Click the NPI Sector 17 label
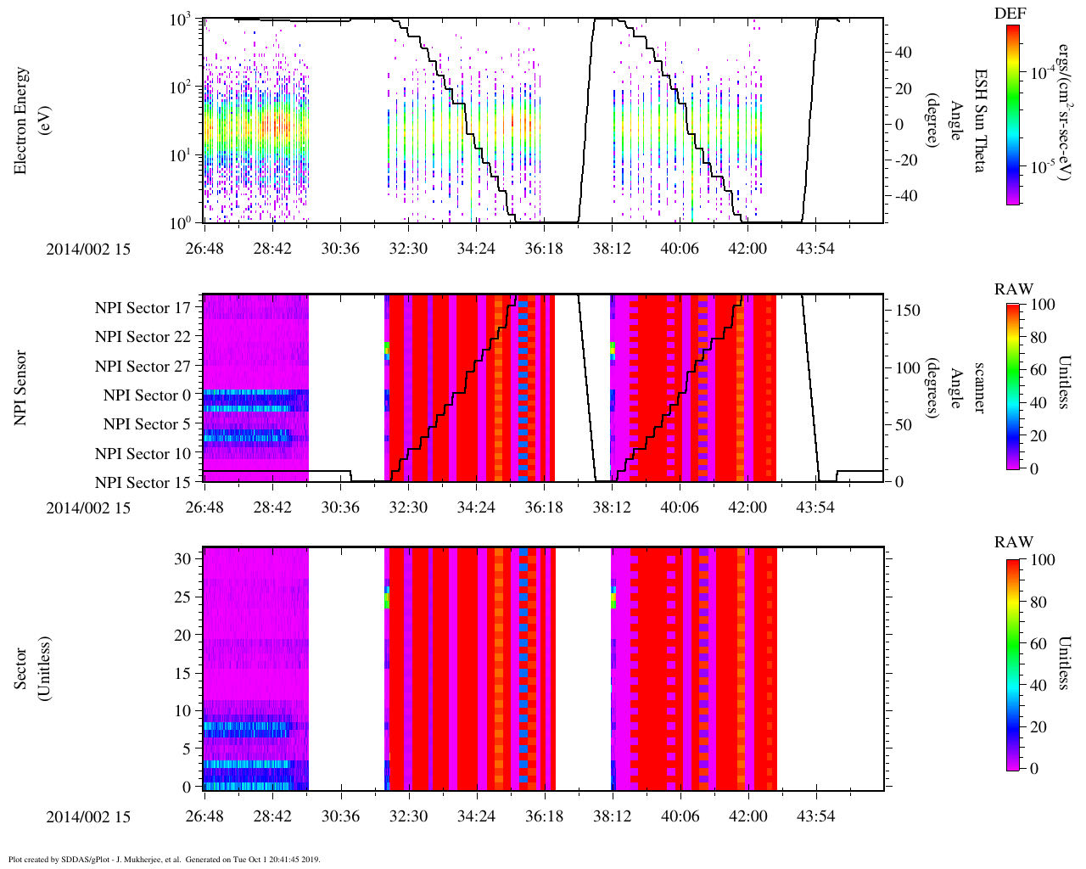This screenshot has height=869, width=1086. (143, 308)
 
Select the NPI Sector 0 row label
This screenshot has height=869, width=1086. (148, 395)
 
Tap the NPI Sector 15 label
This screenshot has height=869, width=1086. (143, 483)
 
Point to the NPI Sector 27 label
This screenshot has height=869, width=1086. (143, 367)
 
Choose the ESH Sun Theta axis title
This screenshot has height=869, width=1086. (978, 121)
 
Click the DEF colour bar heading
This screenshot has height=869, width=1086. (1010, 14)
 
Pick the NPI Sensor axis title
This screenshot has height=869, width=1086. (21, 387)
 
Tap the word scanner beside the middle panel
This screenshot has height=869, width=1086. (978, 387)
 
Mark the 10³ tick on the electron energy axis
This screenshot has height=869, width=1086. (182, 20)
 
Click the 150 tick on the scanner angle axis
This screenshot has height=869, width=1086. (909, 311)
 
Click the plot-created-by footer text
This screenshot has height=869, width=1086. (164, 859)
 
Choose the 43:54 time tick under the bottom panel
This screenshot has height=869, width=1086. (815, 816)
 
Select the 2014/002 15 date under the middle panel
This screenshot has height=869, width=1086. (88, 507)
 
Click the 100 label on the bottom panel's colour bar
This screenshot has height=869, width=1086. (1043, 560)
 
